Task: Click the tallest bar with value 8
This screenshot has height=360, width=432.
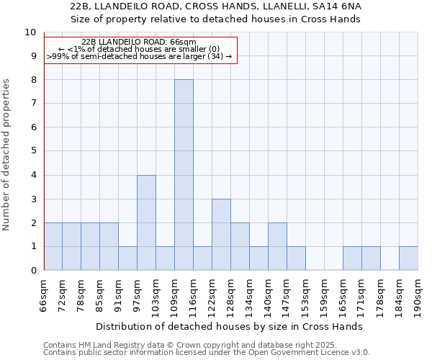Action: click(184, 175)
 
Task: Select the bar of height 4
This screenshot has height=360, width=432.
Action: click(146, 222)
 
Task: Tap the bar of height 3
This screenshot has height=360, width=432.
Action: click(221, 235)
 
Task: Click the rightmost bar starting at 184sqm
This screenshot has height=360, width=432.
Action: click(408, 258)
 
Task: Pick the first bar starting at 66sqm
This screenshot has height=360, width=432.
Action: click(53, 246)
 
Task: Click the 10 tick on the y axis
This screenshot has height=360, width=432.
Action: click(30, 32)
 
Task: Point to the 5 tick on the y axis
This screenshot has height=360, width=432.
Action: click(32, 151)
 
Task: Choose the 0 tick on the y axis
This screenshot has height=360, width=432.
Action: click(32, 271)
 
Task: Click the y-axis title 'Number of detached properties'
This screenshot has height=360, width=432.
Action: click(7, 155)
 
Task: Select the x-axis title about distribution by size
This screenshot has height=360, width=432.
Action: click(229, 326)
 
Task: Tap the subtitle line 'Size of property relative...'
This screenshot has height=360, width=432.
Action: click(216, 19)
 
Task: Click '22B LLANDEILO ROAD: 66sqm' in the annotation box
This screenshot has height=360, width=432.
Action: click(139, 42)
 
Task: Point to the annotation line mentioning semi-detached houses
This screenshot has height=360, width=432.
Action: click(140, 56)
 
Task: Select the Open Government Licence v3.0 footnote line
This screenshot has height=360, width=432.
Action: click(207, 353)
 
